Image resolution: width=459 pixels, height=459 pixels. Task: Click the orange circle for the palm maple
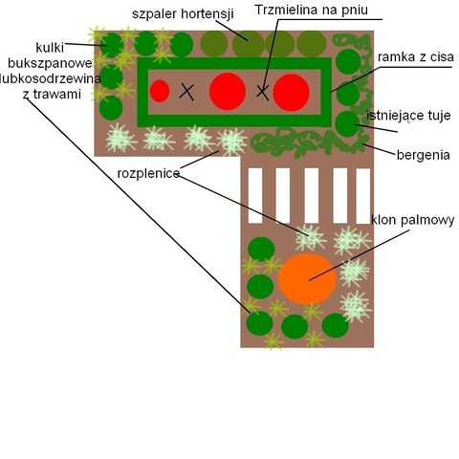click(307, 279)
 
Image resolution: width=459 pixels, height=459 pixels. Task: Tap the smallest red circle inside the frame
click(160, 91)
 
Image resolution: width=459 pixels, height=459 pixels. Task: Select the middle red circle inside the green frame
click(228, 92)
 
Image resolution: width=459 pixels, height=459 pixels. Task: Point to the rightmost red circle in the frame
click(291, 93)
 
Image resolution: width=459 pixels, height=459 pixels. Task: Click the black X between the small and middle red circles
click(186, 92)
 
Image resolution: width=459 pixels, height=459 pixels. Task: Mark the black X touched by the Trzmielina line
click(263, 93)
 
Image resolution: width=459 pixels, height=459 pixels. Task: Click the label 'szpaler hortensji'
click(183, 14)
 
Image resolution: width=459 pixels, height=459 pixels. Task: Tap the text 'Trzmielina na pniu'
click(312, 10)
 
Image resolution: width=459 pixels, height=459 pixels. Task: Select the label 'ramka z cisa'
click(416, 57)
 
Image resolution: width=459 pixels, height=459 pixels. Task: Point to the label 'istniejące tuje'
click(408, 116)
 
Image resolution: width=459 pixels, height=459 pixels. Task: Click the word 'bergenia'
click(424, 155)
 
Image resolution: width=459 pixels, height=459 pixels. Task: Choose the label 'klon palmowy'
click(413, 220)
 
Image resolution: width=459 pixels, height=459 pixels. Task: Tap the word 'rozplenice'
click(148, 174)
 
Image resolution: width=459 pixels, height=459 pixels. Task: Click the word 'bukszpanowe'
click(50, 63)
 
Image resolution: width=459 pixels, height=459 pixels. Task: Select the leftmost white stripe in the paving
click(255, 196)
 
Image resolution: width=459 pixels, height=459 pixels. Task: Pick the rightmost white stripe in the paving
click(363, 196)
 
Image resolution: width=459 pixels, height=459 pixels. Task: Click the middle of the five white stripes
click(312, 196)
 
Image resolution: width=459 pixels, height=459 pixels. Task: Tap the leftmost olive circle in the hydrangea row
click(214, 44)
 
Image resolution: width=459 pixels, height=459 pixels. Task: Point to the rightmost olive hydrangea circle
click(312, 44)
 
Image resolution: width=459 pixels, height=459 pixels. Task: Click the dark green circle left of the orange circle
click(260, 287)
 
